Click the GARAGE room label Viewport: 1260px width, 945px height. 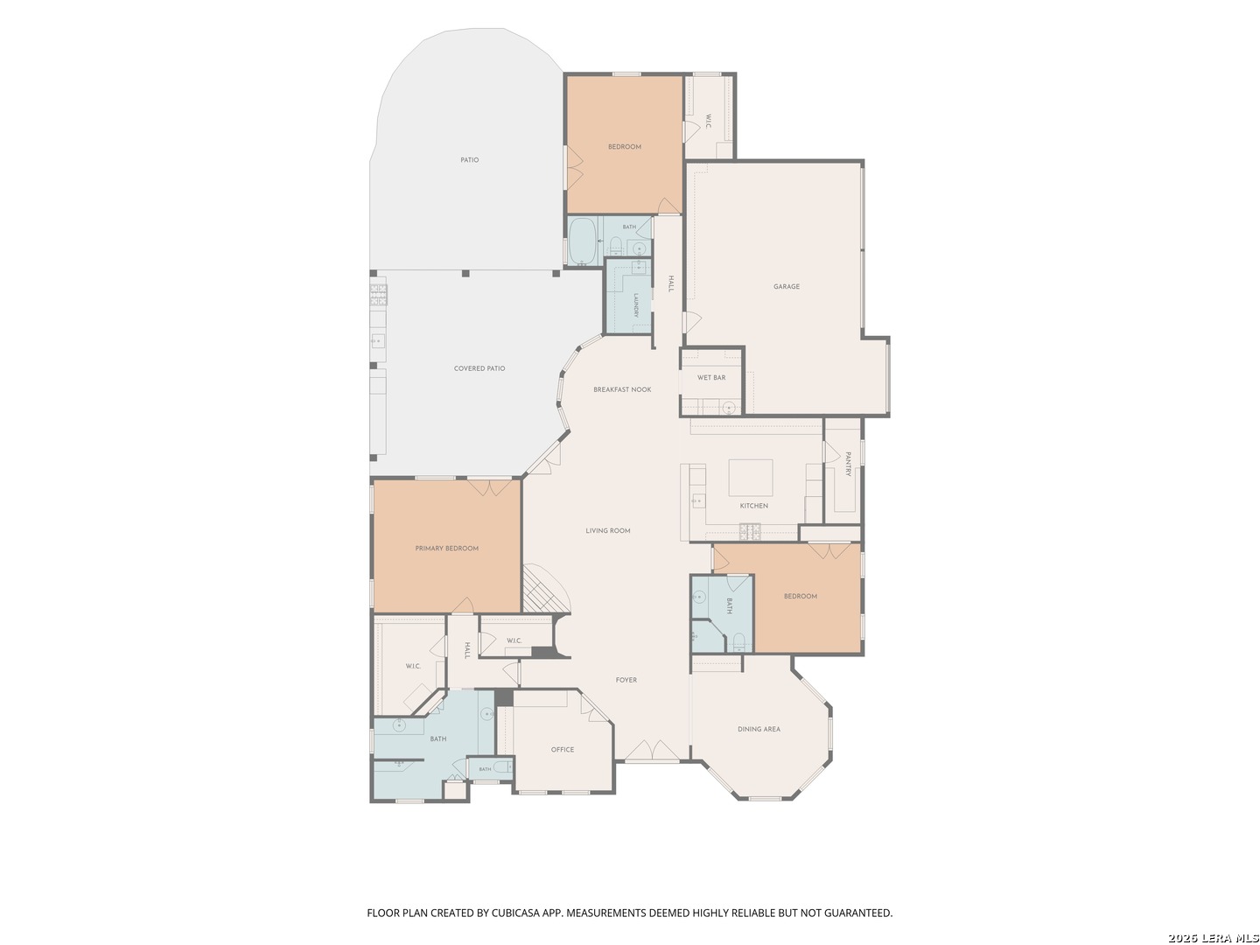(x=786, y=286)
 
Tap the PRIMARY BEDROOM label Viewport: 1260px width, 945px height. (x=446, y=548)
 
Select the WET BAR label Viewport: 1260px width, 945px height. (x=711, y=377)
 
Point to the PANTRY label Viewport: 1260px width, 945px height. (x=849, y=464)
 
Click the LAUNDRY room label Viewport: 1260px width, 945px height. (x=636, y=305)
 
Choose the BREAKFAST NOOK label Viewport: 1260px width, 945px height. (x=622, y=389)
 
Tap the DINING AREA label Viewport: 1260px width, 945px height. (x=759, y=729)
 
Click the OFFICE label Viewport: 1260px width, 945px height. (x=562, y=749)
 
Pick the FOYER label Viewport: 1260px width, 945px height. (x=626, y=680)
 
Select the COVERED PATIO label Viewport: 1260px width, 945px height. (x=479, y=368)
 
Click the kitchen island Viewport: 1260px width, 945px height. (x=750, y=478)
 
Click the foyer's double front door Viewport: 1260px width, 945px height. (x=652, y=749)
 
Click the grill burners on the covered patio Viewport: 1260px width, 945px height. (x=378, y=294)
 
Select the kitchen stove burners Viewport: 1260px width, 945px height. (x=750, y=532)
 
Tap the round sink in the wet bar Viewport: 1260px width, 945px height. (x=729, y=408)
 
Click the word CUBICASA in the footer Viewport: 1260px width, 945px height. (x=514, y=913)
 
